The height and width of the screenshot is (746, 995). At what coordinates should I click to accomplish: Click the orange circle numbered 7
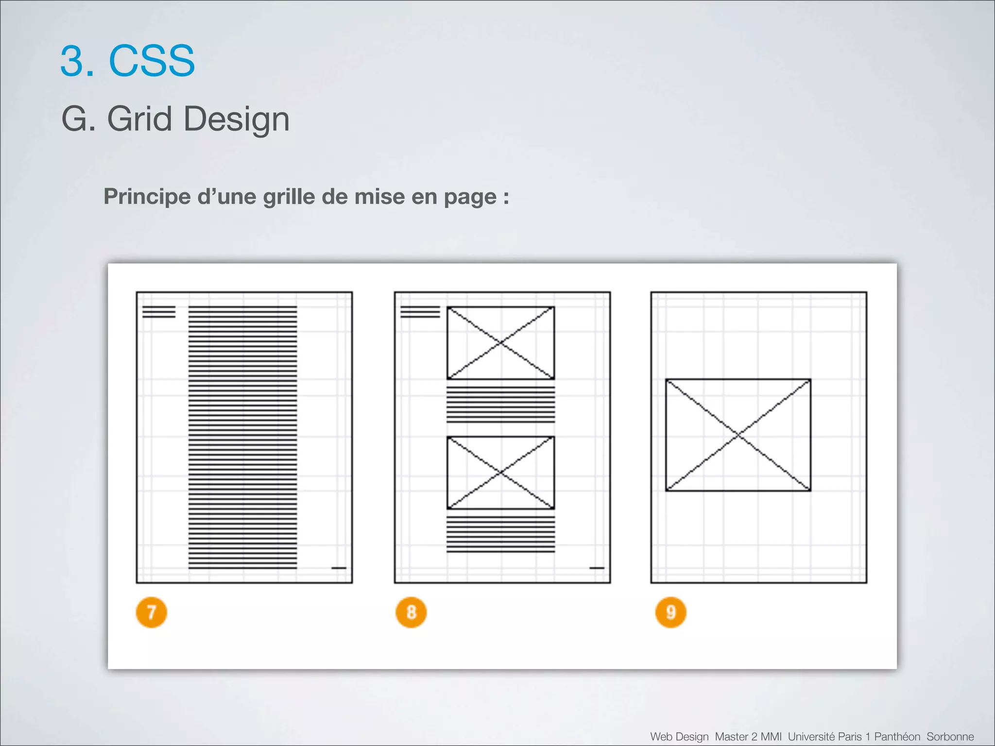[151, 612]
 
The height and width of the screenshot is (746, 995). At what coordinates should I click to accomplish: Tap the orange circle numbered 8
[411, 612]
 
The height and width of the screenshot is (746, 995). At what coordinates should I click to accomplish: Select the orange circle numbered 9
[670, 612]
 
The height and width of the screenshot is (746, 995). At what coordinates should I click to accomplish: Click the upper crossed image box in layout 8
[500, 343]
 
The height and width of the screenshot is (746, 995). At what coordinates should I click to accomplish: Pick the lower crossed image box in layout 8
[500, 473]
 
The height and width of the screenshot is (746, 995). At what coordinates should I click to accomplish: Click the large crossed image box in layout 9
[738, 435]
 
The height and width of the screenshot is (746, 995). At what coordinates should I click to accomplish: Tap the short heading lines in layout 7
[159, 312]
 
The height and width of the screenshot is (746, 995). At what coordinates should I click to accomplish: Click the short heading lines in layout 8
[420, 312]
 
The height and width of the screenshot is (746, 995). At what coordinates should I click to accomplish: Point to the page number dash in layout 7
[339, 568]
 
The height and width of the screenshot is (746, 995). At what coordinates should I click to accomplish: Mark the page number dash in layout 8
[597, 568]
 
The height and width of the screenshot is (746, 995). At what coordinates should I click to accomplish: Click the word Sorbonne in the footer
[950, 736]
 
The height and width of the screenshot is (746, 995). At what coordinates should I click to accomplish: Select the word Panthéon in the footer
[897, 736]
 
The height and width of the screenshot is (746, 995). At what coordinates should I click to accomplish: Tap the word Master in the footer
[731, 736]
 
